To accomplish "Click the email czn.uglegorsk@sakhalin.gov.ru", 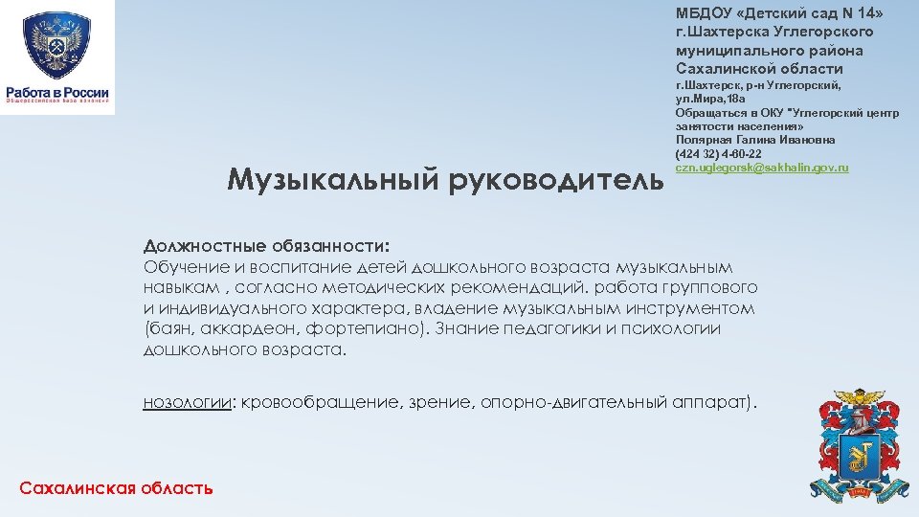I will point(762,168).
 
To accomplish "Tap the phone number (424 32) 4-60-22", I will point(718,154).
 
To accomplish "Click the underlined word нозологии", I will point(188,403).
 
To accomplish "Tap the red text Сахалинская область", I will point(116,488).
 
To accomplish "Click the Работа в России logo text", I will point(57,92).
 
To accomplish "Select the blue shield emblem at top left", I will point(56,45).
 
